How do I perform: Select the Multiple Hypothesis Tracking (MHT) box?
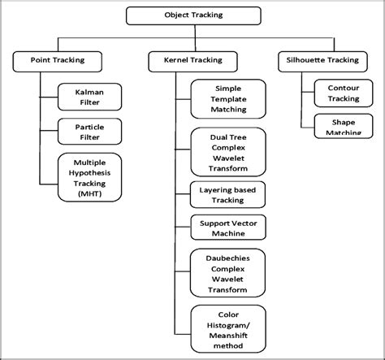pyautogui.click(x=90, y=177)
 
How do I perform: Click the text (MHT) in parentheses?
pyautogui.click(x=90, y=194)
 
